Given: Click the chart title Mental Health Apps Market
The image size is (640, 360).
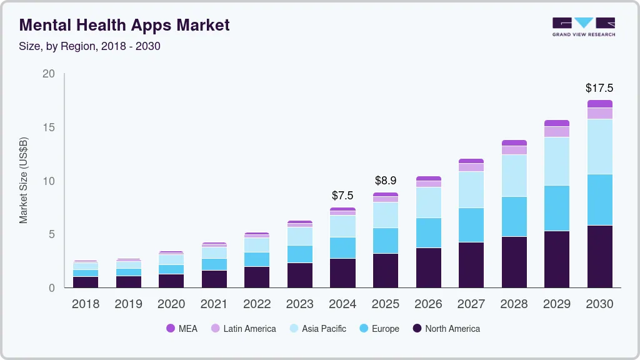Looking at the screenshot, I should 124,25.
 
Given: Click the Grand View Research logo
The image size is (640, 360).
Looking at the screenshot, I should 583,26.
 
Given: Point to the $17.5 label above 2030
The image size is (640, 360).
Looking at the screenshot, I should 599,88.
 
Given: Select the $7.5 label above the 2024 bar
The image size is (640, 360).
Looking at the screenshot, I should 342,196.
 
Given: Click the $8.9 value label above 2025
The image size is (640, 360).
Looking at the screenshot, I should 386,181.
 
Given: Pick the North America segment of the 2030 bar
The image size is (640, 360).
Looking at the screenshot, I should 600,256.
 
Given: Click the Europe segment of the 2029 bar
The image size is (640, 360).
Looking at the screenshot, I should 557,208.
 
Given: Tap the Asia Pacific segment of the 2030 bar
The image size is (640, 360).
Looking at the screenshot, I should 600,146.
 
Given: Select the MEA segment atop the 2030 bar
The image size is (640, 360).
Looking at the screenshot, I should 600,104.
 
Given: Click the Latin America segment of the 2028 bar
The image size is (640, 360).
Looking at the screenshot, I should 514,150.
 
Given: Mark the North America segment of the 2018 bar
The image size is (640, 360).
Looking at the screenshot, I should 86,282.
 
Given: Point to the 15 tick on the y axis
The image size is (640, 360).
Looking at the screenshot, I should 48,127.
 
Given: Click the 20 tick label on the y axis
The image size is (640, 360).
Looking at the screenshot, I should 48,74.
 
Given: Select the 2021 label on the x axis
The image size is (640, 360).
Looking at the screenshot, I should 214,304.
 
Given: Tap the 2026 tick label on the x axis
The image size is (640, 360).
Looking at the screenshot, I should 429,304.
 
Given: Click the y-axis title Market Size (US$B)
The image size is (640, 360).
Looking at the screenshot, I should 24,181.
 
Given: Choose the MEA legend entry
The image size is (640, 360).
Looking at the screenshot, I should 182,329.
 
